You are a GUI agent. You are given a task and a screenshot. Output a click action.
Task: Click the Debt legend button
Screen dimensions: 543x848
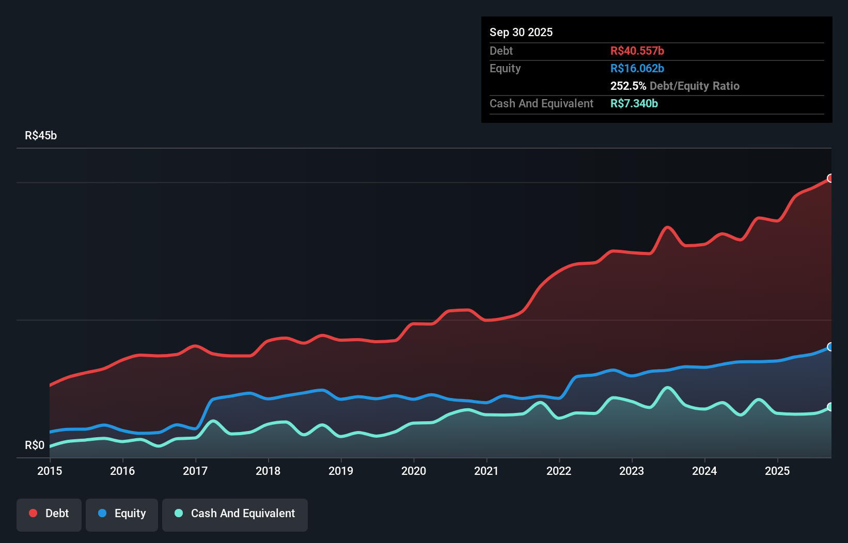click(49, 514)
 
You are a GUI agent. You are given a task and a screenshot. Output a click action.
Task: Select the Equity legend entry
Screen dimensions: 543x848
click(122, 514)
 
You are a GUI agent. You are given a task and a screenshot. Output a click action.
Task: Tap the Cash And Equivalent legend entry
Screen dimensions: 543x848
click(235, 514)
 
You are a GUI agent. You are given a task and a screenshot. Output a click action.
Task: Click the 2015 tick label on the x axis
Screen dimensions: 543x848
click(50, 471)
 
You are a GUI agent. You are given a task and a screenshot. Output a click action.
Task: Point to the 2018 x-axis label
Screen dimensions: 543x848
click(268, 471)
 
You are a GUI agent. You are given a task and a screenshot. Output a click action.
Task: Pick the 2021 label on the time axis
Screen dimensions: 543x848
click(486, 471)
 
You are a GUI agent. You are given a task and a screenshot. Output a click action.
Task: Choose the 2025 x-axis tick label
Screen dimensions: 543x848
click(777, 471)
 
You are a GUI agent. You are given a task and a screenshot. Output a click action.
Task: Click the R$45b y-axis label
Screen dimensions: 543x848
click(41, 135)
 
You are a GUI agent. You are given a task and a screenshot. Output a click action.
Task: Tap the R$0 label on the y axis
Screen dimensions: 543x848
click(35, 445)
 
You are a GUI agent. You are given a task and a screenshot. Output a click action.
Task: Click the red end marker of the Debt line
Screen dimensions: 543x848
click(830, 178)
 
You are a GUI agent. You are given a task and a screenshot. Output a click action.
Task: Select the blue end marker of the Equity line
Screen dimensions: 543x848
click(830, 347)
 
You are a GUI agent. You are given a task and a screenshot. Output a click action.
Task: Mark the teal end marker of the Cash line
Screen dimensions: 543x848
click(830, 407)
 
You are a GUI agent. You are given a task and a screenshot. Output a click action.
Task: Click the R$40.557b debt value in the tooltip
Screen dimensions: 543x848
click(637, 51)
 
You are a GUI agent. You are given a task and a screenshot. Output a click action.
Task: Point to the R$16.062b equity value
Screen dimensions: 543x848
click(637, 68)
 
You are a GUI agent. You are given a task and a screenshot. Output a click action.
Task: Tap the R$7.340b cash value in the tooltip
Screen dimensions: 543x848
click(634, 103)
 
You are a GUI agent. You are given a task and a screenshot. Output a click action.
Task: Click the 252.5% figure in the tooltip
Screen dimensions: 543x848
click(628, 86)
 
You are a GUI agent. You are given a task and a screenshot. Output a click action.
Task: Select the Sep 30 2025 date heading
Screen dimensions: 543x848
click(521, 32)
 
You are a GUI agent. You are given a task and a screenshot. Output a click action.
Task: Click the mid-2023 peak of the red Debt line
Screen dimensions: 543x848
click(668, 227)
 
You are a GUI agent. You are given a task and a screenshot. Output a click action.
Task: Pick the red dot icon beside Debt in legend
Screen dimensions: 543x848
click(33, 513)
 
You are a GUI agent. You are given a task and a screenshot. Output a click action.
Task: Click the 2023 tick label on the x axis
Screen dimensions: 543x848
click(632, 471)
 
